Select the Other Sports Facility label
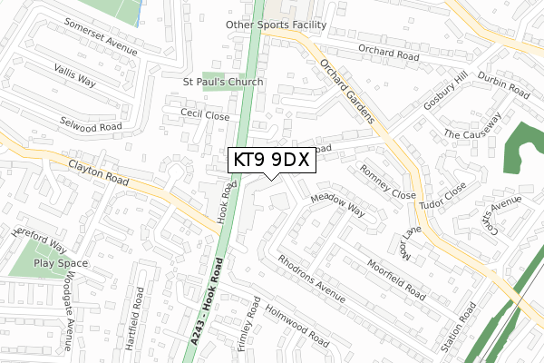pos(276,25)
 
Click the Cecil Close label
pos(205,115)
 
